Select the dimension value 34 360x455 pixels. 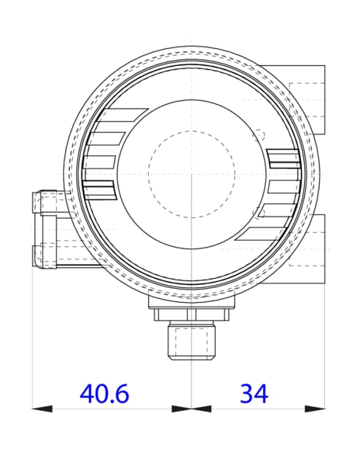[253, 394]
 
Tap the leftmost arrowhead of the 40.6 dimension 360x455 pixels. [40, 408]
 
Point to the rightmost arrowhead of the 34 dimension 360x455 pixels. [316, 408]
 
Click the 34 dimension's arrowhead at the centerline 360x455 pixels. [201, 408]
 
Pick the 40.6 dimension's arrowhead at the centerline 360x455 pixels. [182, 408]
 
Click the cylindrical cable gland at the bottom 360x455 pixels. [191, 342]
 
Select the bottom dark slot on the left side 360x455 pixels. [99, 189]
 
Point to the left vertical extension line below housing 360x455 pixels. [32, 342]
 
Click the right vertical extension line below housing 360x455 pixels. [325, 342]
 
